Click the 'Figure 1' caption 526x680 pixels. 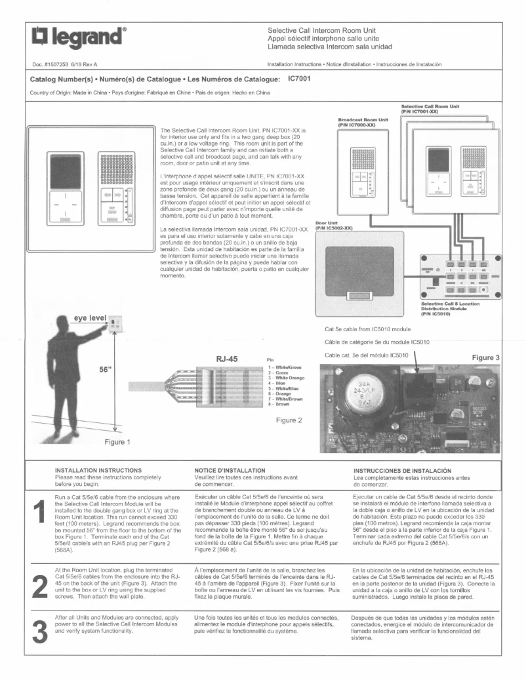pyautogui.click(x=117, y=441)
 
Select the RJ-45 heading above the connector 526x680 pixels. pyautogui.click(x=230, y=359)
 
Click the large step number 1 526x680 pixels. pyautogui.click(x=41, y=513)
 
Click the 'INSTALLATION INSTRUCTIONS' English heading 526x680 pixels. pyautogui.click(x=100, y=470)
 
